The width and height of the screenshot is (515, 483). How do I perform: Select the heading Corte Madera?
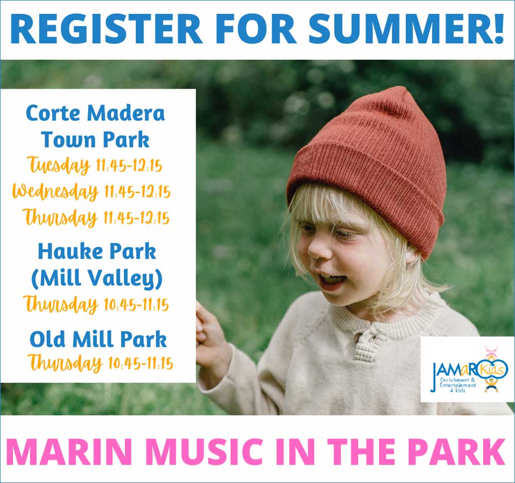tap(95, 113)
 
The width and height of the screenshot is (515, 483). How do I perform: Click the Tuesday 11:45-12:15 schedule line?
tap(95, 166)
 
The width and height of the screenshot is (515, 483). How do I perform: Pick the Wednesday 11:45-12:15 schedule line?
tap(91, 192)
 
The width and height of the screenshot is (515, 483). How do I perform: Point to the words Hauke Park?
tap(97, 251)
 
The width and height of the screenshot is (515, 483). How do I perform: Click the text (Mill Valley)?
tap(97, 279)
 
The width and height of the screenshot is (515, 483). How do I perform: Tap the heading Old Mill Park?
tap(98, 339)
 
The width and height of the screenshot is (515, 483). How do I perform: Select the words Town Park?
tap(95, 140)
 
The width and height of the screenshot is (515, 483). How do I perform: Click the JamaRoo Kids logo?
tap(467, 369)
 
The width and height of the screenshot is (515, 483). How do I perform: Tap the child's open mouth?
tap(330, 279)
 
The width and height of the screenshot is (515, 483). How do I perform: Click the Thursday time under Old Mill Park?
tap(100, 363)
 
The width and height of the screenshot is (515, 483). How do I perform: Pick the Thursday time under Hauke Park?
tap(96, 304)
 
